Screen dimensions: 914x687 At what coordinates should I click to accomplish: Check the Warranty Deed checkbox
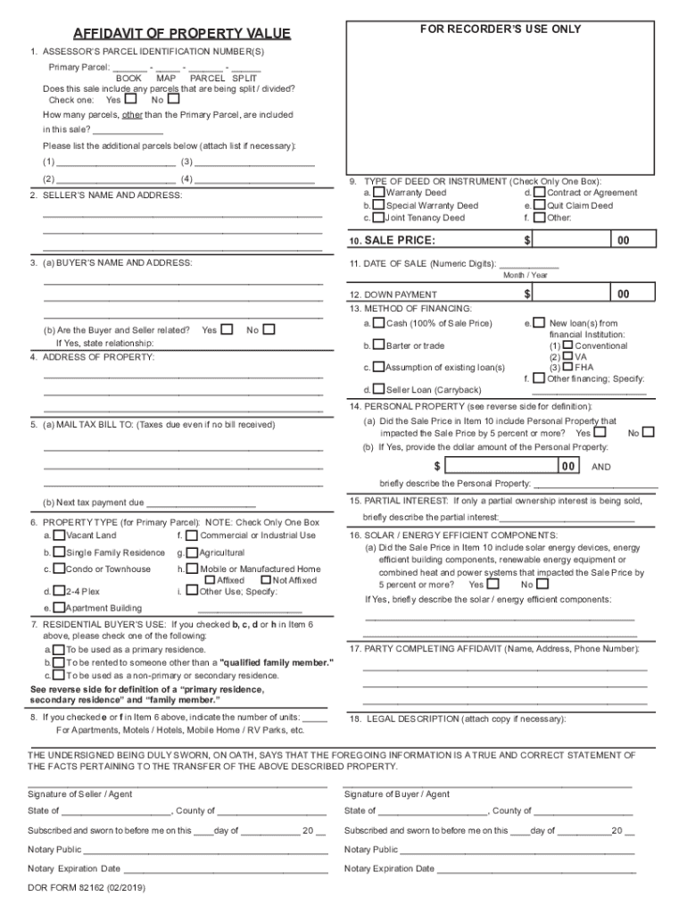(379, 192)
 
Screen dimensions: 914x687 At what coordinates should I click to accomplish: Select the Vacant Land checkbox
(59, 536)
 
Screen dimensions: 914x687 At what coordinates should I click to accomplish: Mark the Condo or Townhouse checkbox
(59, 569)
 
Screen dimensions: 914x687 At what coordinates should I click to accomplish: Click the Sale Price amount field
(572, 240)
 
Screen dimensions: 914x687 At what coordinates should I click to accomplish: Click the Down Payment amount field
(572, 294)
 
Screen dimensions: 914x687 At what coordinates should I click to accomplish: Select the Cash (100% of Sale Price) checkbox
(379, 323)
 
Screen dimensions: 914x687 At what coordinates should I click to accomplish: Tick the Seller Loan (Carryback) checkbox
(379, 389)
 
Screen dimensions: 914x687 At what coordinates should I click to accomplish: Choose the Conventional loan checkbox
(567, 345)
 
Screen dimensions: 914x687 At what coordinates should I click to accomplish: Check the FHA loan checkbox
(567, 367)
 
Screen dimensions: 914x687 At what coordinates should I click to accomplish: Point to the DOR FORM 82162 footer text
(87, 889)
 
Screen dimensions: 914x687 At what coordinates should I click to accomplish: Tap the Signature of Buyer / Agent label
(397, 794)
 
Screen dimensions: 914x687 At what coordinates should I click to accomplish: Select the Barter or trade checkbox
(379, 345)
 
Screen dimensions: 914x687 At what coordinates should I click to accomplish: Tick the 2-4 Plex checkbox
(59, 590)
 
